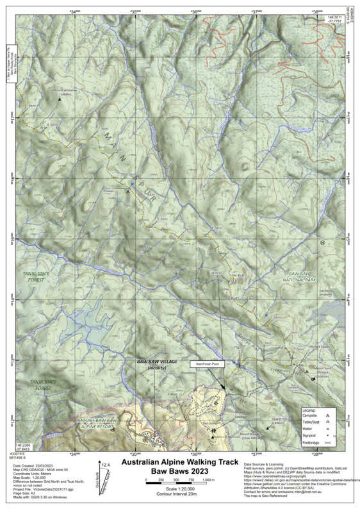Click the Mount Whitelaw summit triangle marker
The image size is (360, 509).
(x=60, y=100)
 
